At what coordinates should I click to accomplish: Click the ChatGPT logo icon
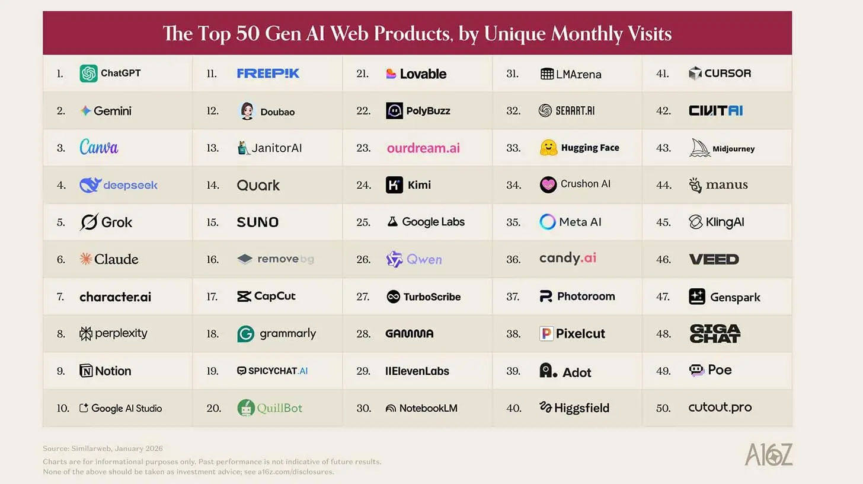(88, 74)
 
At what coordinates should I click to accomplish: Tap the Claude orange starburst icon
(86, 259)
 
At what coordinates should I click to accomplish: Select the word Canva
(99, 147)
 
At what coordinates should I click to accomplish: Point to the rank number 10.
(63, 408)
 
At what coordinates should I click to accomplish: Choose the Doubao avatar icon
(247, 111)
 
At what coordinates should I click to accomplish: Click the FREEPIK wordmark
(268, 74)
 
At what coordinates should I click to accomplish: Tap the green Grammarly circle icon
(245, 334)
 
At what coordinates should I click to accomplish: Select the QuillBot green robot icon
(246, 407)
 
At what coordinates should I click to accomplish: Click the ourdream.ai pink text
(423, 148)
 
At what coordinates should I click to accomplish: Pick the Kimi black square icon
(394, 185)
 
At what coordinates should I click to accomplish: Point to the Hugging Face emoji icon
(548, 148)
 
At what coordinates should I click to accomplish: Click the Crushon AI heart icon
(548, 184)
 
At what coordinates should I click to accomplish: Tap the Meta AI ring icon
(548, 222)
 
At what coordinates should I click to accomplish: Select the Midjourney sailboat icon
(699, 148)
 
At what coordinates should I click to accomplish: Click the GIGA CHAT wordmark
(715, 333)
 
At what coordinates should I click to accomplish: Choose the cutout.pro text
(720, 407)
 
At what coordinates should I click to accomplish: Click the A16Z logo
(768, 454)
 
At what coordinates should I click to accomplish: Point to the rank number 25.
(363, 222)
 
